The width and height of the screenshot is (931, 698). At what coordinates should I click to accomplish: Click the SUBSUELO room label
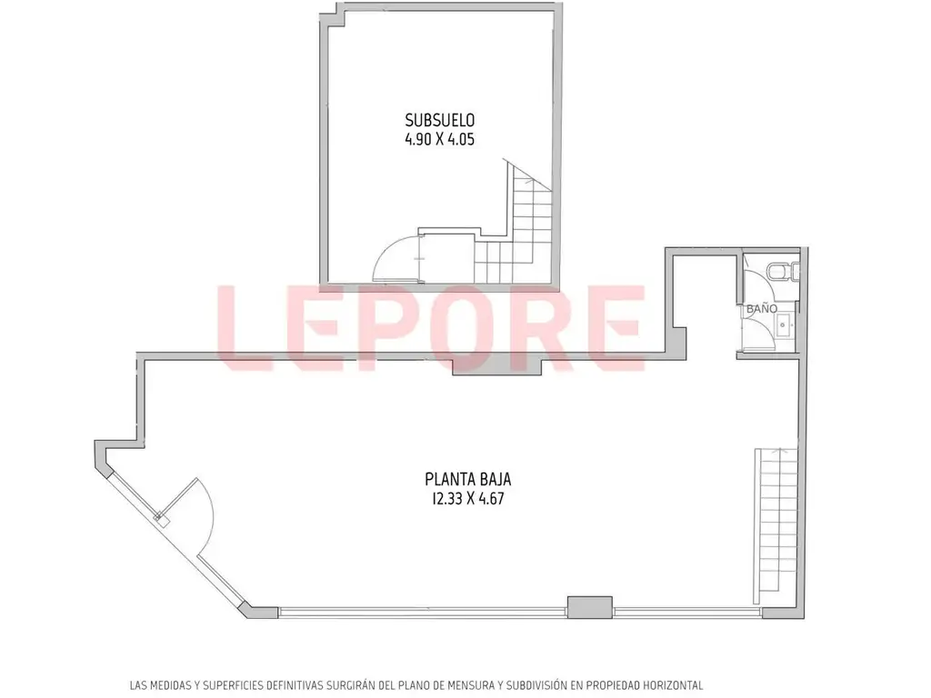(440, 120)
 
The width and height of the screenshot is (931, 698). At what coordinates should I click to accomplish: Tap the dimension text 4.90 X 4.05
(440, 140)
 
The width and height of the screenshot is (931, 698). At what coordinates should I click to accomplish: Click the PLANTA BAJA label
(468, 478)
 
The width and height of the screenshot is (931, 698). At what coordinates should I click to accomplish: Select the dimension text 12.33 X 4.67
(468, 499)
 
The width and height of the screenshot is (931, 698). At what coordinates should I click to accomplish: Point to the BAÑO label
(762, 309)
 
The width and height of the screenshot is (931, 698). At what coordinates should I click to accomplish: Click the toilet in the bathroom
(783, 272)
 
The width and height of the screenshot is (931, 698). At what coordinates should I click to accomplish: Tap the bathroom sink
(783, 325)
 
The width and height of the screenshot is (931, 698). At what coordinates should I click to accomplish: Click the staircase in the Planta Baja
(776, 526)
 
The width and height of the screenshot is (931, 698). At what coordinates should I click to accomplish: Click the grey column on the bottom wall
(589, 607)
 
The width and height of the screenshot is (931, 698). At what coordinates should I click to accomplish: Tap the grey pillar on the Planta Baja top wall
(497, 364)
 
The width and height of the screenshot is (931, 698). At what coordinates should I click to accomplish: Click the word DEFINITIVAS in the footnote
(299, 685)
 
